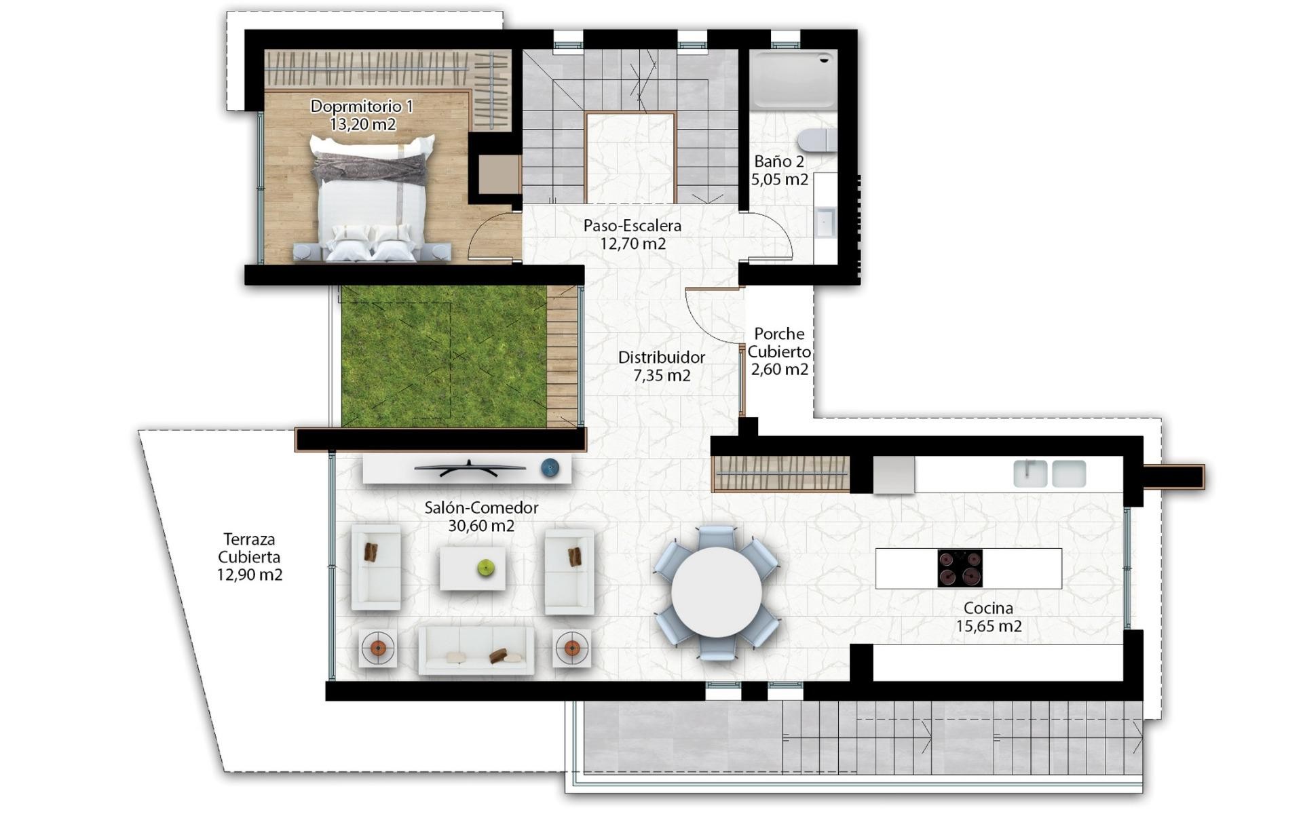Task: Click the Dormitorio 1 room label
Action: tap(361, 106)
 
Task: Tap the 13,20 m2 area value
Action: tap(362, 124)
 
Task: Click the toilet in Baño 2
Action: tap(817, 140)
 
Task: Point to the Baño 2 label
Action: tap(779, 161)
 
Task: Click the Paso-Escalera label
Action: tap(632, 226)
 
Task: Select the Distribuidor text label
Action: tap(661, 357)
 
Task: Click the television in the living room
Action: tap(470, 467)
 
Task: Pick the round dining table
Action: tap(716, 592)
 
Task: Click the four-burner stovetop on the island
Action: tap(960, 568)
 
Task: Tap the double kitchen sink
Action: tap(1049, 473)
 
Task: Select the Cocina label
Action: tap(988, 608)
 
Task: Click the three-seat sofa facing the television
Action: tap(476, 650)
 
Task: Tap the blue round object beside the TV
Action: tap(550, 467)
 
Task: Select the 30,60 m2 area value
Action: tap(481, 526)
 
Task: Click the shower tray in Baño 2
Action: tap(793, 80)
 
